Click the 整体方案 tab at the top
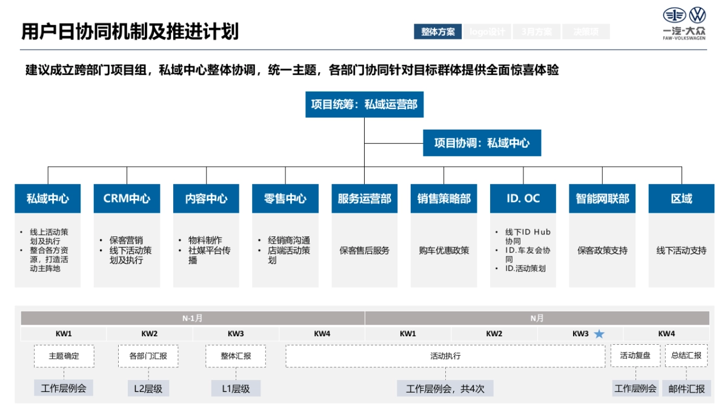point(438,32)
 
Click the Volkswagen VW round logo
point(698,15)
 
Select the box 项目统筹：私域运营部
point(364,104)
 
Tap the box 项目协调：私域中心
point(482,143)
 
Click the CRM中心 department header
point(127,199)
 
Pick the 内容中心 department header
point(206,199)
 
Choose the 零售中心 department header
point(285,199)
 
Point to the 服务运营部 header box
point(364,199)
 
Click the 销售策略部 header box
point(443,199)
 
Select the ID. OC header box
point(523,199)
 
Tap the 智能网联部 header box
point(602,199)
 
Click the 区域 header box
point(682,199)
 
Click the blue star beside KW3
point(599,334)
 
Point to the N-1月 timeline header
point(193,318)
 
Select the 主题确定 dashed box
point(64,356)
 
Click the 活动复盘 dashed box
point(635,356)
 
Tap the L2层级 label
point(148,388)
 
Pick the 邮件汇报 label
point(686,388)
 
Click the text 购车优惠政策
point(443,250)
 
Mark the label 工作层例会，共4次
point(445,388)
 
